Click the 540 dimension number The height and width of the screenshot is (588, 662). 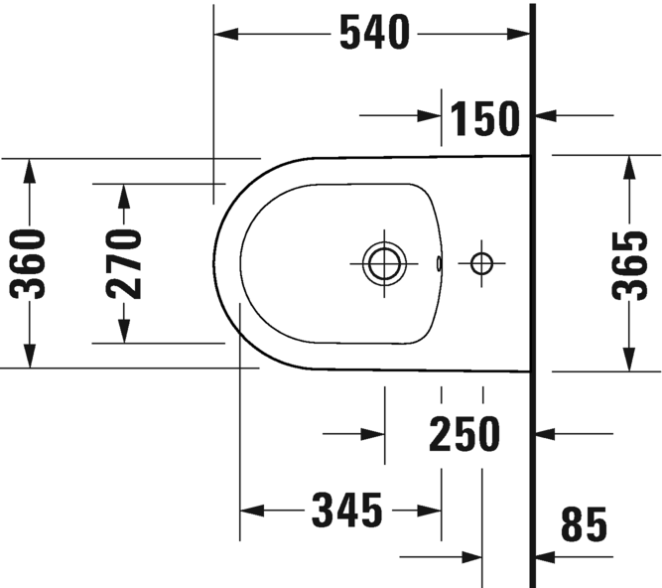click(374, 33)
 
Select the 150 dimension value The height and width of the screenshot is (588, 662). click(485, 119)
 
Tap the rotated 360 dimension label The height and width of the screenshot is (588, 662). click(28, 264)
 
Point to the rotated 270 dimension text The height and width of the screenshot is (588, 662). click(124, 264)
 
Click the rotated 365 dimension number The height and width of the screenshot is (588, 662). click(629, 265)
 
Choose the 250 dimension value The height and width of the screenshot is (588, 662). click(464, 434)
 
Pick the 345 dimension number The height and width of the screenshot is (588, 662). click(347, 511)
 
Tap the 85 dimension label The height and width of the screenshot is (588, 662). click(584, 524)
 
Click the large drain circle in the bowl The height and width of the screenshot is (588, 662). click(384, 263)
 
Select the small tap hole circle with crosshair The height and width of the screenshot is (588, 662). click(481, 263)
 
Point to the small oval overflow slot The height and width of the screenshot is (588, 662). click(439, 263)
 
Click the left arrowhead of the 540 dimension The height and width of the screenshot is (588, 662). click(226, 34)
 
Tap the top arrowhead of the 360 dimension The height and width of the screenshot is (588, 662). click(29, 170)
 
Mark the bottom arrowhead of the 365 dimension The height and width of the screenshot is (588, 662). click(629, 360)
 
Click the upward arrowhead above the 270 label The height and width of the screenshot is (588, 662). click(124, 197)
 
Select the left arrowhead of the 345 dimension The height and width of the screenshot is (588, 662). click(252, 511)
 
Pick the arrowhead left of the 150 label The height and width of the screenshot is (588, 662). click(430, 115)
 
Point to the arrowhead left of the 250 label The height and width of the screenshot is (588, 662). click(372, 434)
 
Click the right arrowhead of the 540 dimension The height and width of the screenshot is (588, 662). click(518, 34)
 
